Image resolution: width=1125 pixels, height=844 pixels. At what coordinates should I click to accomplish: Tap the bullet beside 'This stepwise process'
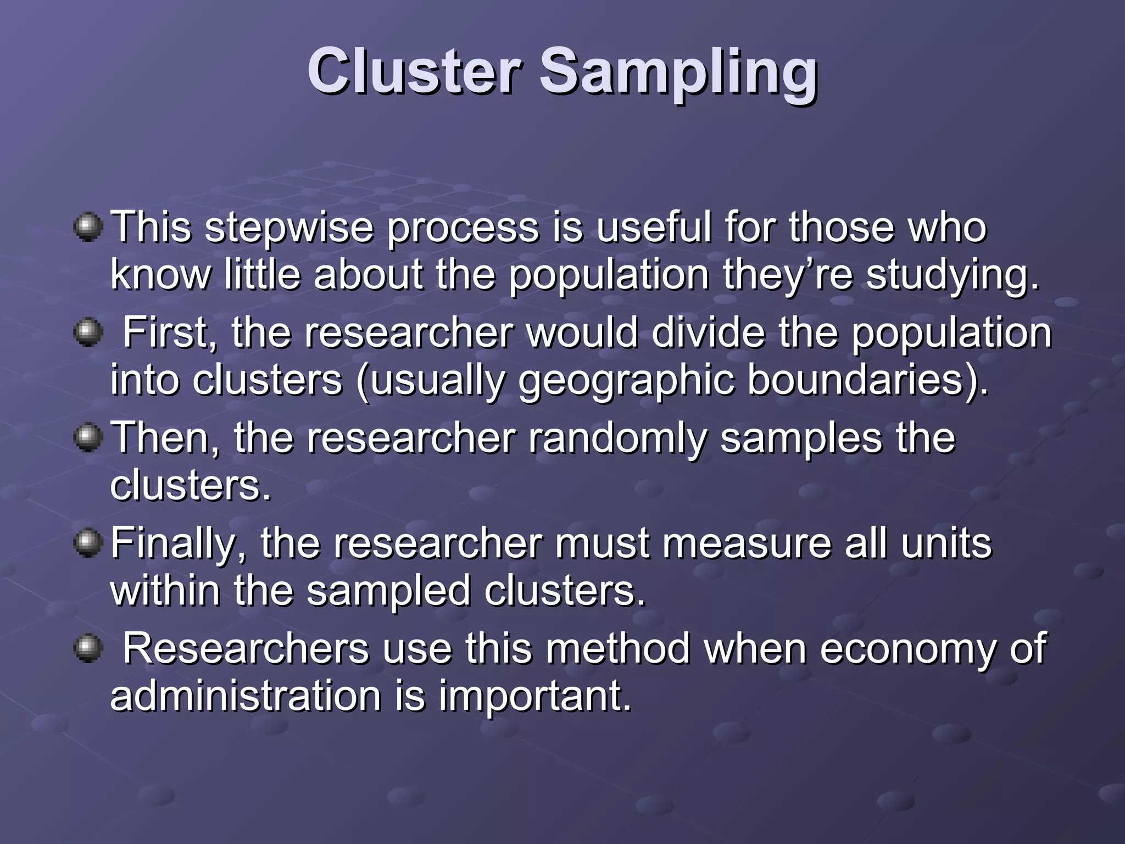(88, 226)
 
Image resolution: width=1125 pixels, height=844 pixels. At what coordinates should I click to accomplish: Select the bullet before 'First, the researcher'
(88, 332)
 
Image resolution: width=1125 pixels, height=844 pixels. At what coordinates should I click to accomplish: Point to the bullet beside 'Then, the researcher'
(88, 438)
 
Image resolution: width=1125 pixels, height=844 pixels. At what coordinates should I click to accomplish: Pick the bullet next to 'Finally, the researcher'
(88, 543)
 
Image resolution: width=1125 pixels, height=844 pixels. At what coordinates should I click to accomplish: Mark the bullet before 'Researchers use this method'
(88, 649)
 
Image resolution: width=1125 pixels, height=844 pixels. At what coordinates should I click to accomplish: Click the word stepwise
(289, 227)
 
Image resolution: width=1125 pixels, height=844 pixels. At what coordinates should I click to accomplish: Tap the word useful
(653, 226)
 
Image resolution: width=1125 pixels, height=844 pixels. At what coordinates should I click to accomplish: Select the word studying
(953, 275)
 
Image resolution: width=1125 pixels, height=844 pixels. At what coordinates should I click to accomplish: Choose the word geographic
(626, 381)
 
